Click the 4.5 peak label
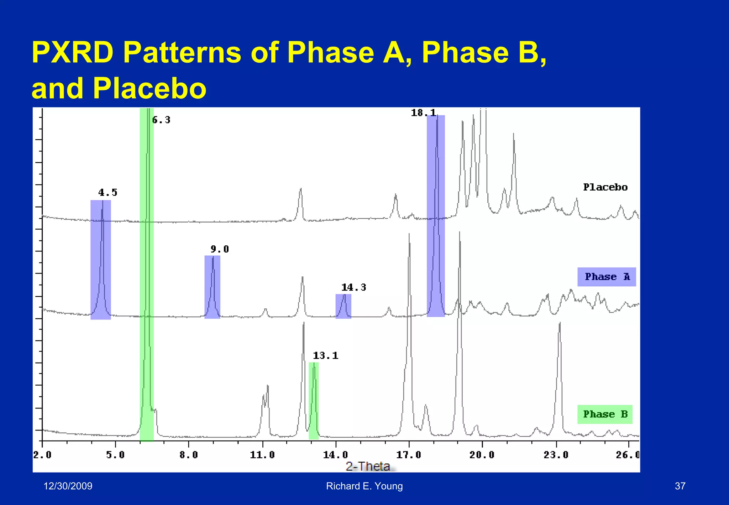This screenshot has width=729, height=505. tap(107, 193)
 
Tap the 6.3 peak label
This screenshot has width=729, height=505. tap(161, 120)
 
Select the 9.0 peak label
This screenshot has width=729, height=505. tap(220, 249)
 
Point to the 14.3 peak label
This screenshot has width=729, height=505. tap(353, 287)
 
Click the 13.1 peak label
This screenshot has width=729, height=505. tap(325, 355)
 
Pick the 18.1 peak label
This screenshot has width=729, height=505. tap(423, 113)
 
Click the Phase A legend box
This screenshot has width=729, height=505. tap(607, 277)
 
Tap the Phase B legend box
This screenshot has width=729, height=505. tap(605, 414)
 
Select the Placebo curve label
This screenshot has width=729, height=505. tap(605, 187)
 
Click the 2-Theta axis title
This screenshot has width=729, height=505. tap(368, 466)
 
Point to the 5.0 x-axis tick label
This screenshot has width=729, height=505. tap(115, 455)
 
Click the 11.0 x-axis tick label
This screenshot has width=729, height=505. tap(262, 455)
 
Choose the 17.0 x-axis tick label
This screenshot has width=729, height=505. tap(409, 455)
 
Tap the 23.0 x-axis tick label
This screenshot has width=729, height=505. tap(556, 455)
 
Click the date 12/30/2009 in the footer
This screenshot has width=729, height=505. tap(68, 486)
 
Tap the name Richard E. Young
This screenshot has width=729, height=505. tap(364, 486)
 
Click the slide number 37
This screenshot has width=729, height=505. tap(680, 486)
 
